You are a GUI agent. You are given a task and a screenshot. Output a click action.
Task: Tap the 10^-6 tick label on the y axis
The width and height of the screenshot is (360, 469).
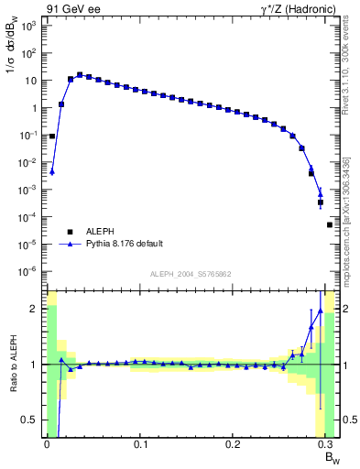coord(27,271)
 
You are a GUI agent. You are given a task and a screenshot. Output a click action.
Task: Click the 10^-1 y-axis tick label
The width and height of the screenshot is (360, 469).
coord(27,135)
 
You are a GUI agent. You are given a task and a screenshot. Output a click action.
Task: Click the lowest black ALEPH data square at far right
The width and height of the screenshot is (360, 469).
coord(330,224)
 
